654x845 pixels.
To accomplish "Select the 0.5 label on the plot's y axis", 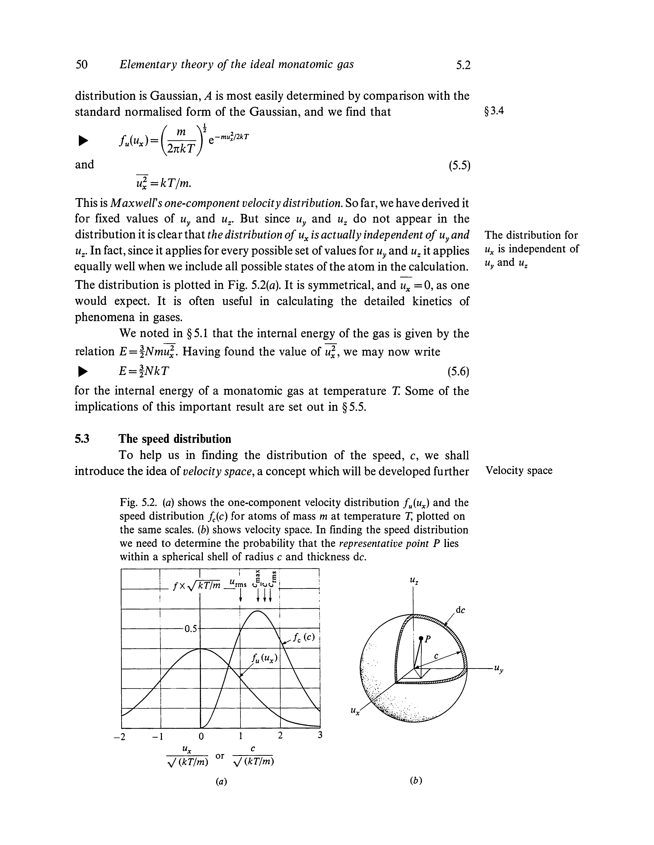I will pos(190,628).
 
